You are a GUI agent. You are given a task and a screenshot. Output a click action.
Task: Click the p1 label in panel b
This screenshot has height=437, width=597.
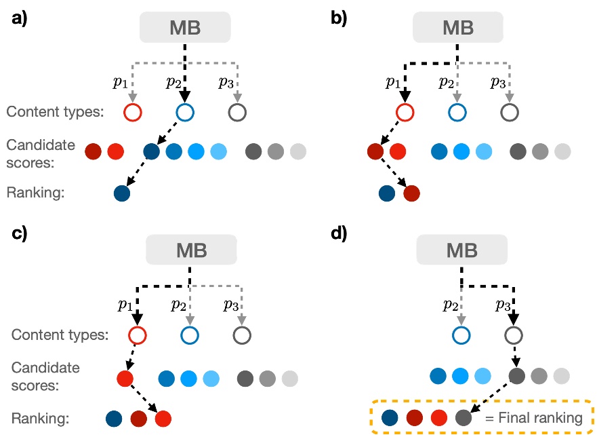(392, 83)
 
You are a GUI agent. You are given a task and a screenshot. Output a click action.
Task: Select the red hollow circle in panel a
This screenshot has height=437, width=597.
(132, 111)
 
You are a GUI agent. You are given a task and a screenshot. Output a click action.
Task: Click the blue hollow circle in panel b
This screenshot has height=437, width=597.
(457, 111)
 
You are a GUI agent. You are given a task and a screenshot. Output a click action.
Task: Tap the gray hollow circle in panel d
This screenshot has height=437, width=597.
(513, 334)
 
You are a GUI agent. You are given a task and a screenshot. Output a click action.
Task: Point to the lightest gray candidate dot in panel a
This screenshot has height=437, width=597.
(297, 151)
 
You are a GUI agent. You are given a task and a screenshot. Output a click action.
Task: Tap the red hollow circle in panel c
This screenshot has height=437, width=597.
(138, 334)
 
